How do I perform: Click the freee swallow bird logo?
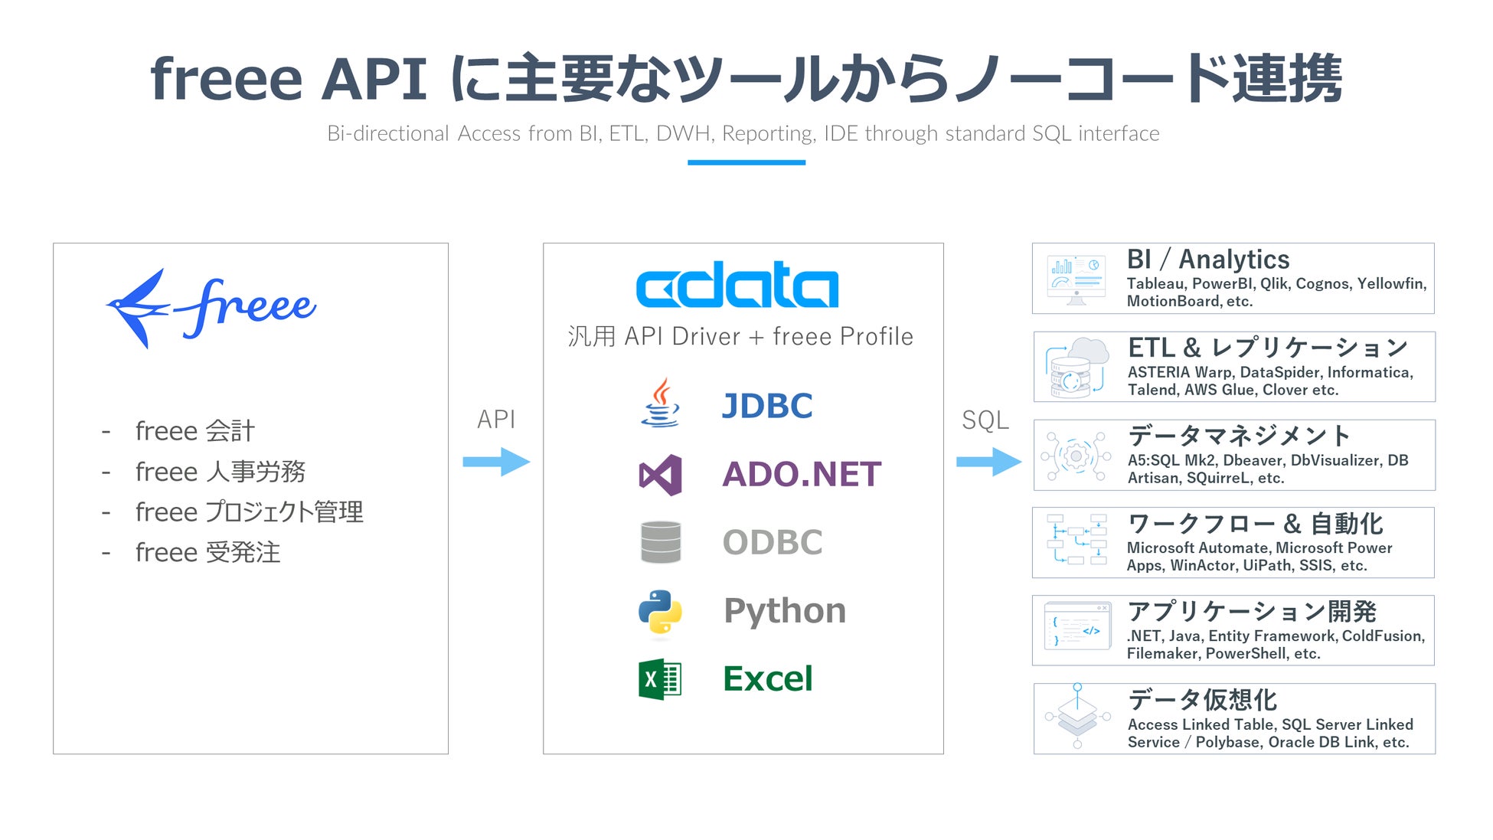pyautogui.click(x=138, y=308)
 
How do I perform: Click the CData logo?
pyautogui.click(x=737, y=285)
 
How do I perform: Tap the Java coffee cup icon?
pyautogui.click(x=660, y=403)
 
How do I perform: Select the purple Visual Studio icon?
pyautogui.click(x=660, y=475)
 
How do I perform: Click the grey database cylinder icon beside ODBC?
pyautogui.click(x=660, y=542)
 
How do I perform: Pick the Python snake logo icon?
pyautogui.click(x=660, y=612)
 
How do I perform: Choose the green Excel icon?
pyautogui.click(x=660, y=679)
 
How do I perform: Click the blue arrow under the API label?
pyautogui.click(x=496, y=462)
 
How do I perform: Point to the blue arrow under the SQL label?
pyautogui.click(x=988, y=462)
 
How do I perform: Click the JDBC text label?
pyautogui.click(x=767, y=406)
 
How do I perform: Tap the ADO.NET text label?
pyautogui.click(x=802, y=475)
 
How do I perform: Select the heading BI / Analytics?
pyautogui.click(x=1208, y=260)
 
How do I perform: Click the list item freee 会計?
pyautogui.click(x=194, y=431)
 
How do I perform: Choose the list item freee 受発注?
pyautogui.click(x=207, y=553)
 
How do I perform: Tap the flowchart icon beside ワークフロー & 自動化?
pyautogui.click(x=1076, y=540)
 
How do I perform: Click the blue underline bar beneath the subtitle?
pyautogui.click(x=746, y=162)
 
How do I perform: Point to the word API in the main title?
pyautogui.click(x=374, y=79)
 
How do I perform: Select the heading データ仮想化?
pyautogui.click(x=1202, y=700)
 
